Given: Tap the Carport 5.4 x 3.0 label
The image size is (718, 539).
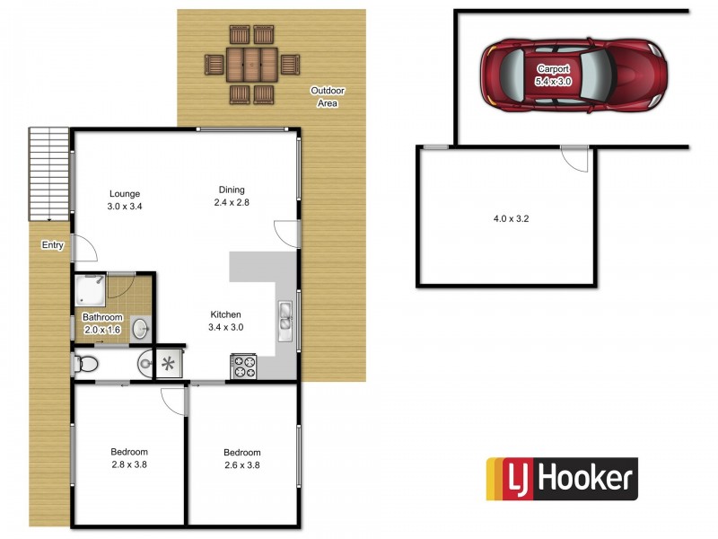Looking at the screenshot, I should pos(553,75).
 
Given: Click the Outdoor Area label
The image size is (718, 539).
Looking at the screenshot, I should pos(328,97).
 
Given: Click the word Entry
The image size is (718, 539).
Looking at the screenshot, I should pos(52,244).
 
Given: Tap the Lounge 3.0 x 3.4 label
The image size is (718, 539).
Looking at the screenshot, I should pos(125,199).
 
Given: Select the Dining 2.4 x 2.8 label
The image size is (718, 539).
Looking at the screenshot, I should pos(232,196).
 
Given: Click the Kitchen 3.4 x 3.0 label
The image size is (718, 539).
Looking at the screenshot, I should pos(226,321).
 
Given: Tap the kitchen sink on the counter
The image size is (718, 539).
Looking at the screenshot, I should pos(285,318).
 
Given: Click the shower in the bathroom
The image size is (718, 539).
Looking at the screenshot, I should pos(90,287).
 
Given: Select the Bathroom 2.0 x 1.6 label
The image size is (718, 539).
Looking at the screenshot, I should pos(102,323).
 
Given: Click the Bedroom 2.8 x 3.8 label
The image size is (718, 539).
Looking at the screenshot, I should pos(129,458).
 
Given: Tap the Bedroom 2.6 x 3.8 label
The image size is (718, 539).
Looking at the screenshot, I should pos(242,458).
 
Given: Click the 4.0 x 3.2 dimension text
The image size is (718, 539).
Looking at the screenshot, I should pos(508,218).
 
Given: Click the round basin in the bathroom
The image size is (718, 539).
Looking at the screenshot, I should pos(141,329).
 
